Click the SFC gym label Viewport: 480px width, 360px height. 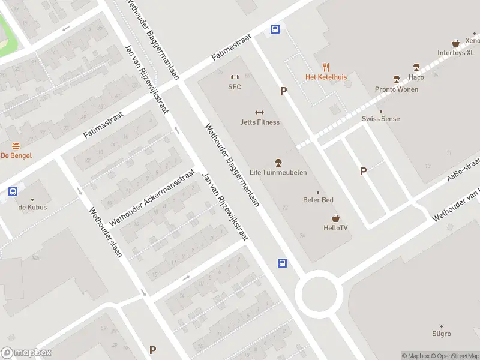click(x=234, y=86)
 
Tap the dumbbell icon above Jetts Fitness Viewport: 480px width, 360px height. click(x=260, y=112)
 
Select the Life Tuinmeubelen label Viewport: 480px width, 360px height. click(x=278, y=173)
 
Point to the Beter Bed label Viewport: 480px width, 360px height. click(x=318, y=200)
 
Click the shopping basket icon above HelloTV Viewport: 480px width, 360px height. click(x=335, y=218)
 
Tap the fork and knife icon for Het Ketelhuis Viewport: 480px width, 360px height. click(x=326, y=67)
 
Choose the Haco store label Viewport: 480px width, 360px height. click(x=416, y=77)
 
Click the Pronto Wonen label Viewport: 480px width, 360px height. click(x=396, y=89)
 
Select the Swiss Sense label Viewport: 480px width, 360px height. click(x=380, y=119)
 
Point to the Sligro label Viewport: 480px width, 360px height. click(x=442, y=334)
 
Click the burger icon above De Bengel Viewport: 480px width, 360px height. click(x=16, y=146)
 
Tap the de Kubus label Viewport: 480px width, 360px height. click(x=32, y=208)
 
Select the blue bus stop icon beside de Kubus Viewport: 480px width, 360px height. click(x=13, y=192)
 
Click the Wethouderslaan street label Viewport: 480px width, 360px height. click(x=106, y=232)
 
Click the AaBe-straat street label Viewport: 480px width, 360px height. click(x=463, y=170)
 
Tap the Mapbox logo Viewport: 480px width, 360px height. click(x=26, y=353)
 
